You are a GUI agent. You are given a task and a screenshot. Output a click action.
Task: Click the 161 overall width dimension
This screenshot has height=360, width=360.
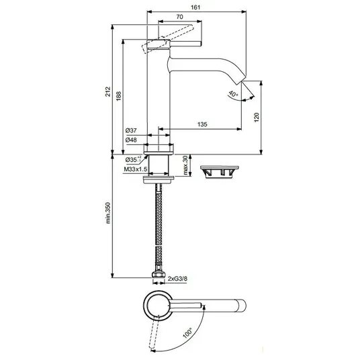click(x=195, y=7)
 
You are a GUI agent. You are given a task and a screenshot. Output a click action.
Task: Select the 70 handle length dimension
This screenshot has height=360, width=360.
click(x=180, y=17)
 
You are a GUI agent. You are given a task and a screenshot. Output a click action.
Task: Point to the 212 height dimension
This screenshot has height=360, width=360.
click(x=107, y=91)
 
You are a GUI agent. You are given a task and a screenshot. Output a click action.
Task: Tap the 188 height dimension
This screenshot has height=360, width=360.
click(x=118, y=96)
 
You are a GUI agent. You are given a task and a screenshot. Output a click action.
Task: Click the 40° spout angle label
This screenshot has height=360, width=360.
click(x=233, y=94)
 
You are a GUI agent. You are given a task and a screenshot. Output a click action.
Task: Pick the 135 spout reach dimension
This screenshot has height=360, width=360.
click(x=202, y=124)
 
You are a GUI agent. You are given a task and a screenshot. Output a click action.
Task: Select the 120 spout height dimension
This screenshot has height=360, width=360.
click(x=257, y=118)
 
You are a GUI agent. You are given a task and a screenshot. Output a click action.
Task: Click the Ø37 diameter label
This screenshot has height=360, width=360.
click(x=131, y=131)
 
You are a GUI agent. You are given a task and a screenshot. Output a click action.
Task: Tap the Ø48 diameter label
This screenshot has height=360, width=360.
click(x=131, y=140)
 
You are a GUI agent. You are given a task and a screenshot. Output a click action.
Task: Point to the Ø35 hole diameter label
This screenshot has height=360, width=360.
click(x=133, y=159)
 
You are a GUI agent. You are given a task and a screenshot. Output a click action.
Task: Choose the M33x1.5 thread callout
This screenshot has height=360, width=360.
click(x=136, y=169)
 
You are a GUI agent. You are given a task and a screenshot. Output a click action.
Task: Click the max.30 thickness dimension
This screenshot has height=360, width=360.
click(x=185, y=165)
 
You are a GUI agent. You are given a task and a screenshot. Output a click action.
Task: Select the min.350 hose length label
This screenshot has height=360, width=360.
click(x=108, y=213)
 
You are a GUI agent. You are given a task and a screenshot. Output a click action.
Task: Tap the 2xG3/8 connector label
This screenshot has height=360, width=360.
click(x=177, y=279)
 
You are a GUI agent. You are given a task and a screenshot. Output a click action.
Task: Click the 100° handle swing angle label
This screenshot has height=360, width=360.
click(x=188, y=333)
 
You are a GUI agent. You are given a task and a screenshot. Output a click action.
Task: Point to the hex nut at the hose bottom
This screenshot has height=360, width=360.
click(x=159, y=275)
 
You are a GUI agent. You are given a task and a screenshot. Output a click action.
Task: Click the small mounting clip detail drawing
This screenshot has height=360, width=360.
click(x=220, y=172)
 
